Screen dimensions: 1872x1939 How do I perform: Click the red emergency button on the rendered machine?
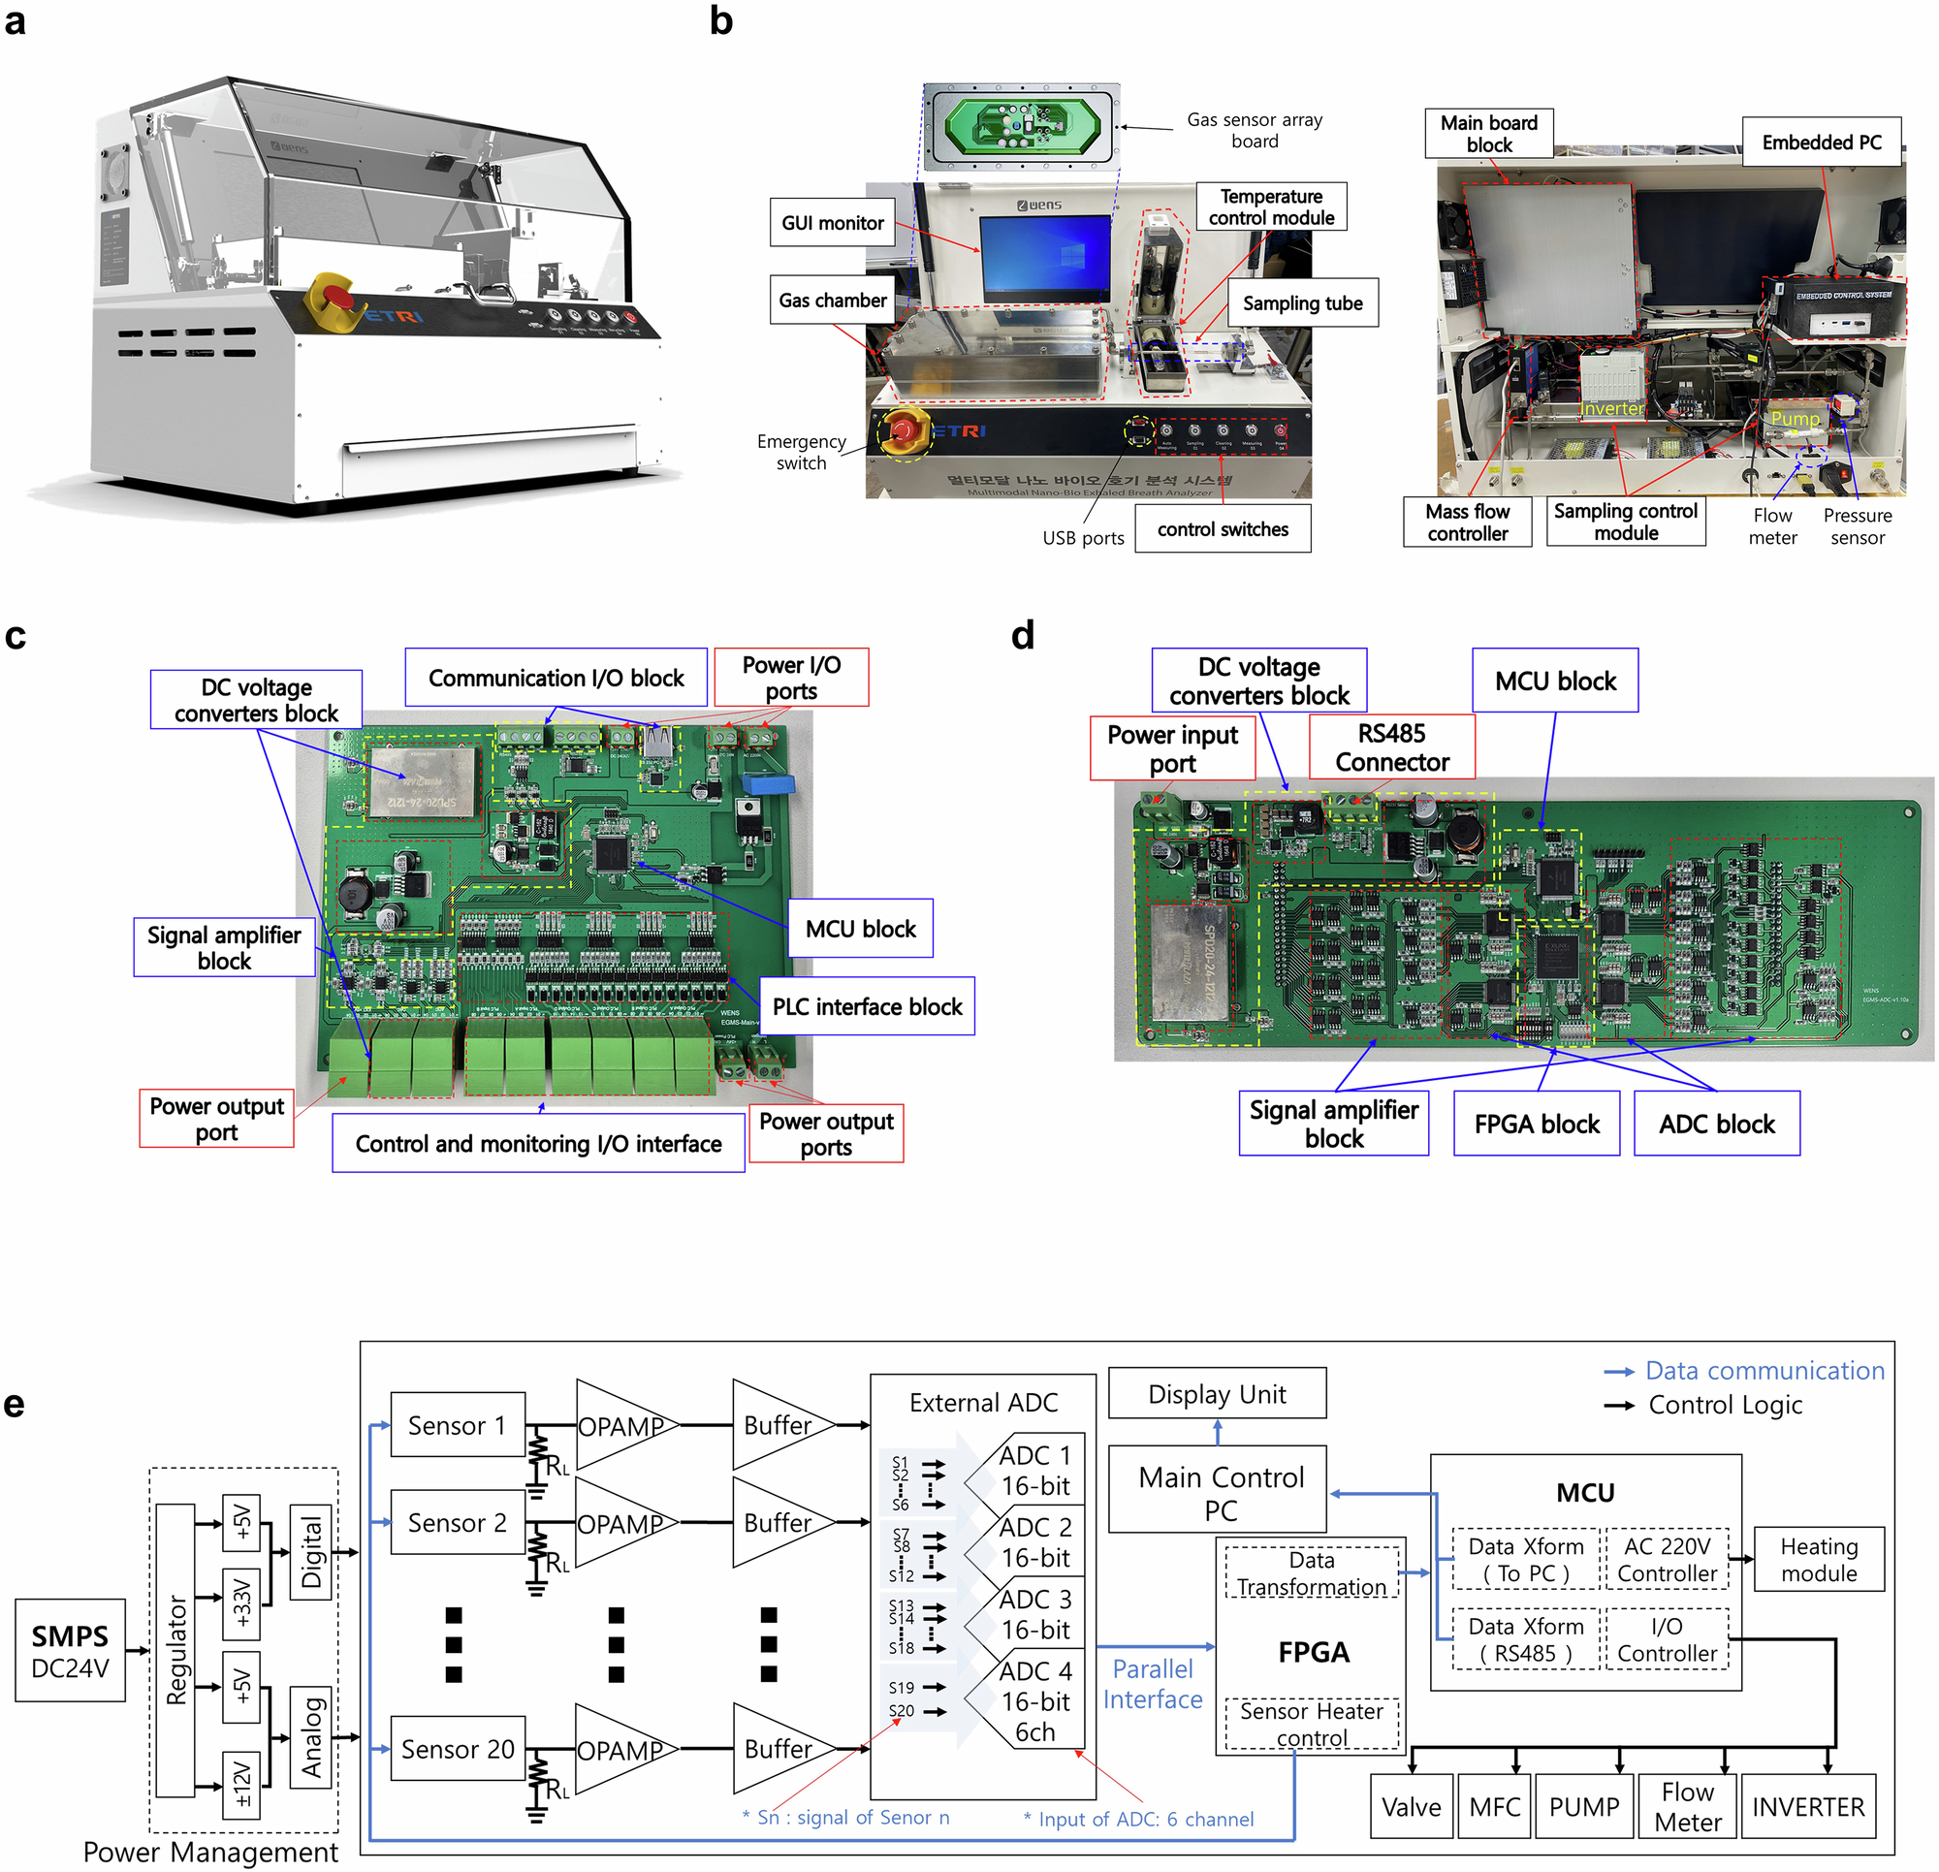337,296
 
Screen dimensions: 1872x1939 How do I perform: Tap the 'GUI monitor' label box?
832,223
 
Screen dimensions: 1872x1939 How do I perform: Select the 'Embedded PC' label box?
1821,143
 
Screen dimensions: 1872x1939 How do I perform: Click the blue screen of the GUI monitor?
1045,257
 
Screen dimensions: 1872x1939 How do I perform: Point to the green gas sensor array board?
1022,126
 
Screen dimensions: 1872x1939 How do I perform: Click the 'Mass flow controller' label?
1466,522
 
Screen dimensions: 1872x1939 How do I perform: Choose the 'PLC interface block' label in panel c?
867,1006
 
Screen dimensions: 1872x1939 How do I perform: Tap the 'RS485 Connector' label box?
1391,747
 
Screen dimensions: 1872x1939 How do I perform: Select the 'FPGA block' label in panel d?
1536,1123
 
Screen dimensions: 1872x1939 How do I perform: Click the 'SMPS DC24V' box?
70,1649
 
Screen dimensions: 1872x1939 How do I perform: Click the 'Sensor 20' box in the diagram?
457,1748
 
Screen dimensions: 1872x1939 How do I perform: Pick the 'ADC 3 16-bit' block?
1033,1614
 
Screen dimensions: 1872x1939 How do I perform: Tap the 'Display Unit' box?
1216,1393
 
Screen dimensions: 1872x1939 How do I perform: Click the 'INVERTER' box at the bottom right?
1807,1807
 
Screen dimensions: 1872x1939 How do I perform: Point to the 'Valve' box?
1411,1807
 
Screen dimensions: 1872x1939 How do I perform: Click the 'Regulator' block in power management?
176,1649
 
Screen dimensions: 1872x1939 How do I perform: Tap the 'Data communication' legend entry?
1763,1371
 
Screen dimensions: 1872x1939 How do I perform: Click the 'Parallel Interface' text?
1153,1684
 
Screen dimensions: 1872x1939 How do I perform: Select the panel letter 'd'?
1022,635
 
